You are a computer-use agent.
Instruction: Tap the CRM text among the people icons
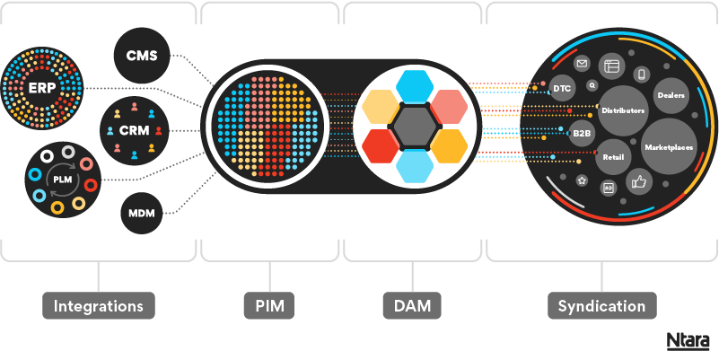click(133, 131)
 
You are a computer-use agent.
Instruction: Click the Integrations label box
click(99, 306)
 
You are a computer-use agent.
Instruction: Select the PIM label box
click(269, 306)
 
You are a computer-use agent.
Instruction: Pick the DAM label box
click(412, 306)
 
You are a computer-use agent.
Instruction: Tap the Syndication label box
click(601, 306)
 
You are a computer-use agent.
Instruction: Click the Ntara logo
click(688, 341)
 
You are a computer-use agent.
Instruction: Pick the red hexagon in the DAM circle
click(381, 146)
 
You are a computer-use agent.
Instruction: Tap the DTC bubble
click(562, 89)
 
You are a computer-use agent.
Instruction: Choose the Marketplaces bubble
click(669, 145)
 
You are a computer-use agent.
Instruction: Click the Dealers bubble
click(671, 94)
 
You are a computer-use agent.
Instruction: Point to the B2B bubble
click(583, 133)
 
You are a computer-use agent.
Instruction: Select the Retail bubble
click(613, 157)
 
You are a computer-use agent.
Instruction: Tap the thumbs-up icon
click(639, 181)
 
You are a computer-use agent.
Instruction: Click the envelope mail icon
click(582, 65)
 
